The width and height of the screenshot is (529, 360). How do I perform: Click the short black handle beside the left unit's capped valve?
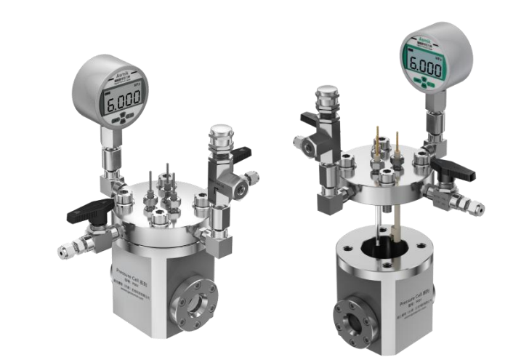[x=241, y=153]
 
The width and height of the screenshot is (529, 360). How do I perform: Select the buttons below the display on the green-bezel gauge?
[x=423, y=81]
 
